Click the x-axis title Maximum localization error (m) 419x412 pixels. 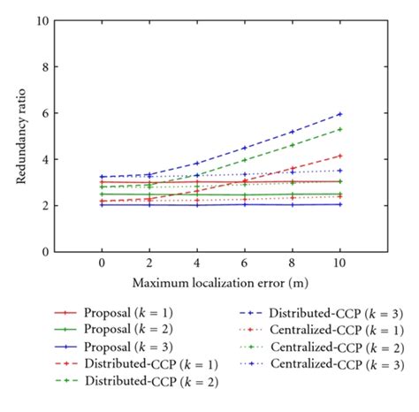coord(220,282)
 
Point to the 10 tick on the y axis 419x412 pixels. coord(41,20)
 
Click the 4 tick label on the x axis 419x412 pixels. coord(196,263)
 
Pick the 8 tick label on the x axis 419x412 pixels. coord(292,263)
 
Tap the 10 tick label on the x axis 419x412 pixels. coord(339,263)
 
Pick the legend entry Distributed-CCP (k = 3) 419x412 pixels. coord(313,313)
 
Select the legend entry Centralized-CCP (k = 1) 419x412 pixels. coord(313,330)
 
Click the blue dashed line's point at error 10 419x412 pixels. coord(339,114)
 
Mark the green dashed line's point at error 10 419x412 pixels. coord(339,129)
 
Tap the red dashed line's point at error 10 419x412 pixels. coord(339,156)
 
